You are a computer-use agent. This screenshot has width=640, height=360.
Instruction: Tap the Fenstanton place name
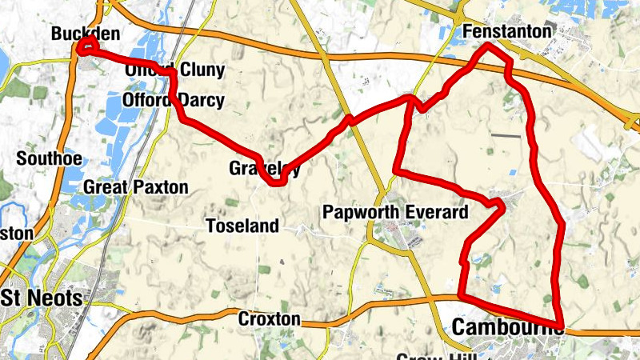[507, 31]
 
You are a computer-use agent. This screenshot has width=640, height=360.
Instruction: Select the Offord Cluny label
[175, 70]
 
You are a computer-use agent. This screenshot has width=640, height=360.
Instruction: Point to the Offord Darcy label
[174, 101]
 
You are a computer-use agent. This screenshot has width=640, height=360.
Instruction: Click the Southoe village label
[49, 158]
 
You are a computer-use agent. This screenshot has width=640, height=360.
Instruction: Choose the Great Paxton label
[135, 188]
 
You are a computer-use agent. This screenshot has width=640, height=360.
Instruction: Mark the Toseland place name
[242, 226]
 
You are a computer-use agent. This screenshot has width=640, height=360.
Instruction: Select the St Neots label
[42, 298]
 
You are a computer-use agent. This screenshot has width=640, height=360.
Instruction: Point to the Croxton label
[269, 319]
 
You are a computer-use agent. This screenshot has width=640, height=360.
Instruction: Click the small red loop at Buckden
[86, 46]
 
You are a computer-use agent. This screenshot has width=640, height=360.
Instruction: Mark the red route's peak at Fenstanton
[489, 47]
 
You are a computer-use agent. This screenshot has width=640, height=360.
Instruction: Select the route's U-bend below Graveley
[277, 182]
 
